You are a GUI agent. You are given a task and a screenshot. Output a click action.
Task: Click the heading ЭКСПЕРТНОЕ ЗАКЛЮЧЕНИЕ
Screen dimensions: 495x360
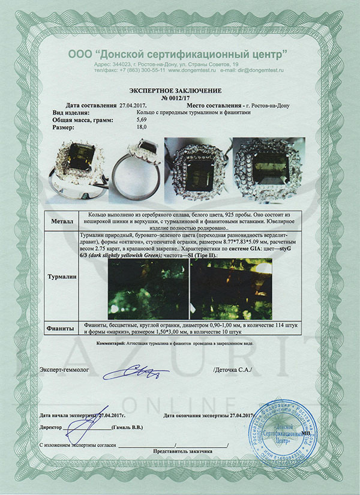pos(179,88)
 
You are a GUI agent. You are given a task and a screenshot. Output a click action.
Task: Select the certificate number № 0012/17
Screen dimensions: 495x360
pos(179,96)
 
